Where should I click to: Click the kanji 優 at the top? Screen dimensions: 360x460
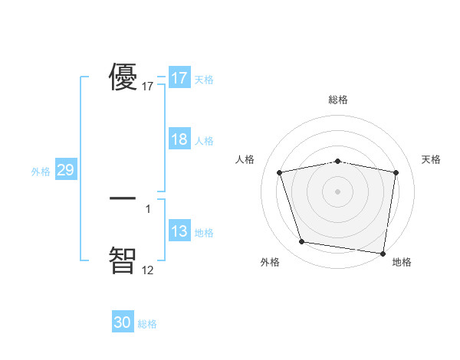pyautogui.click(x=123, y=77)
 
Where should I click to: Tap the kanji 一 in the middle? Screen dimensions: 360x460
pyautogui.click(x=123, y=198)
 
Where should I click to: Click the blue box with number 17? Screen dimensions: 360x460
pyautogui.click(x=179, y=78)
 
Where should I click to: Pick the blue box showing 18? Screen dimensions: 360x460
pyautogui.click(x=179, y=139)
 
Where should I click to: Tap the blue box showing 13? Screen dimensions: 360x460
pyautogui.click(x=179, y=231)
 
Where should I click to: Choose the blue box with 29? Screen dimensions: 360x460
pyautogui.click(x=65, y=170)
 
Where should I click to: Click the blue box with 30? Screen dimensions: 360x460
pyautogui.click(x=123, y=322)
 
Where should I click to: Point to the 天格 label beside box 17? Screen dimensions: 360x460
pyautogui.click(x=204, y=80)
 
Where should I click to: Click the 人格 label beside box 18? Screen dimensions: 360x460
pyautogui.click(x=204, y=141)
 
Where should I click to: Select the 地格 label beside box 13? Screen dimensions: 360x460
pyautogui.click(x=204, y=233)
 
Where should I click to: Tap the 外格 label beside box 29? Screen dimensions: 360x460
pyautogui.click(x=41, y=172)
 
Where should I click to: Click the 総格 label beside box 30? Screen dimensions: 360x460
pyautogui.click(x=147, y=324)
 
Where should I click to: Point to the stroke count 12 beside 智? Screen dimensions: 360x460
pyautogui.click(x=147, y=269)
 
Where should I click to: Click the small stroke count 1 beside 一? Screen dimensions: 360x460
pyautogui.click(x=147, y=208)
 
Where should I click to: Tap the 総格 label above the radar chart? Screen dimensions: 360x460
pyautogui.click(x=338, y=100)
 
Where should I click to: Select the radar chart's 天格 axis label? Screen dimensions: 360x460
pyautogui.click(x=432, y=159)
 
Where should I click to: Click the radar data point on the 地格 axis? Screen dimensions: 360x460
pyautogui.click(x=383, y=253)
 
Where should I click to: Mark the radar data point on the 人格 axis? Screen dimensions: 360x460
pyautogui.click(x=280, y=172)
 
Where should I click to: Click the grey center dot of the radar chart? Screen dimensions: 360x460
pyautogui.click(x=338, y=191)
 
